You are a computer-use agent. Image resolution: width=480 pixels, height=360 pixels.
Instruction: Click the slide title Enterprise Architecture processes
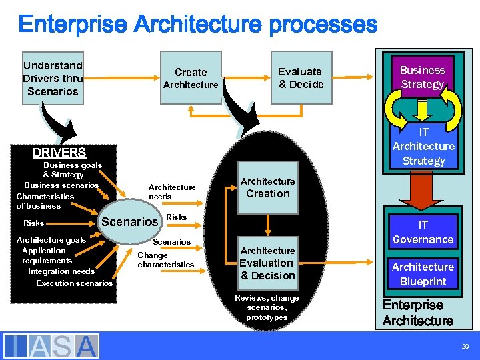(197, 25)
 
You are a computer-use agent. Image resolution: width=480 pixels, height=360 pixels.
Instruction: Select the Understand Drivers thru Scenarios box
(53, 78)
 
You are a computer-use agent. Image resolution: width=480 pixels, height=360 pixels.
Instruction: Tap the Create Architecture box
(191, 78)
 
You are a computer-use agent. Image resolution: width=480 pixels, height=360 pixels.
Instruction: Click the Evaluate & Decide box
(300, 78)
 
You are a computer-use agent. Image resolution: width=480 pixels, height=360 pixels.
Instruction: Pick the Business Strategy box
(422, 77)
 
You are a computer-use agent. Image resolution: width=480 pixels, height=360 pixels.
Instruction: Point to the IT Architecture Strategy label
(423, 146)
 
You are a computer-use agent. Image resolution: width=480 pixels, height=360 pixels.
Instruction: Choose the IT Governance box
(423, 232)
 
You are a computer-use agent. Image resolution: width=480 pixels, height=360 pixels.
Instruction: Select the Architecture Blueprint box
(423, 273)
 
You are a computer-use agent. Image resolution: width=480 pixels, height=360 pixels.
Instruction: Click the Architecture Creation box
(267, 188)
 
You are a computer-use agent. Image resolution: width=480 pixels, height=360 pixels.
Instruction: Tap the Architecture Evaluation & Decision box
(267, 263)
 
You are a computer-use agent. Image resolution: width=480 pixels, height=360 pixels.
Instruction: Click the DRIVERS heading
(59, 152)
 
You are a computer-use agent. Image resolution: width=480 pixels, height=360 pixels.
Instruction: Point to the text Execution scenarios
(74, 283)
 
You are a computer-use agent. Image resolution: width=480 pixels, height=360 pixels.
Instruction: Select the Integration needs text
(61, 271)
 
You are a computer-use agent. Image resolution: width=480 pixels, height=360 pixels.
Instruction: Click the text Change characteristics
(165, 260)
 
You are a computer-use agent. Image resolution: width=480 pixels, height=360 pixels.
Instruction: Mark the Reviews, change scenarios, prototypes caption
(267, 307)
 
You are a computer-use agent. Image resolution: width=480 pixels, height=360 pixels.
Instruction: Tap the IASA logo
(51, 346)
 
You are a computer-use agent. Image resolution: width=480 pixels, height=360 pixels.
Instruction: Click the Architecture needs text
(172, 192)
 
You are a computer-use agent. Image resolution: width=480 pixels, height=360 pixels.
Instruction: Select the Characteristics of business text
(45, 201)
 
